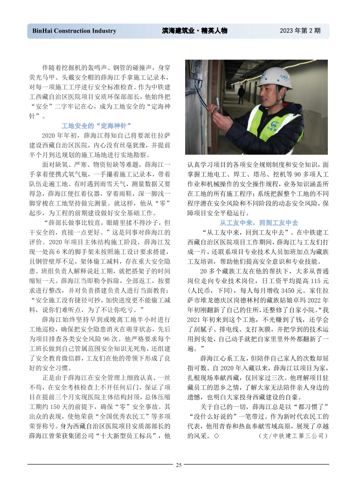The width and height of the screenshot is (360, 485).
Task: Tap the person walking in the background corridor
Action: point(241,93)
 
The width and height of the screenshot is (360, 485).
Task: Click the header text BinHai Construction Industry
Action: point(74,31)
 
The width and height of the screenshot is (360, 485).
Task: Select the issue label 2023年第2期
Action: point(300,31)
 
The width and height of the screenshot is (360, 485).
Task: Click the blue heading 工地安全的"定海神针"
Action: point(97,126)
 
